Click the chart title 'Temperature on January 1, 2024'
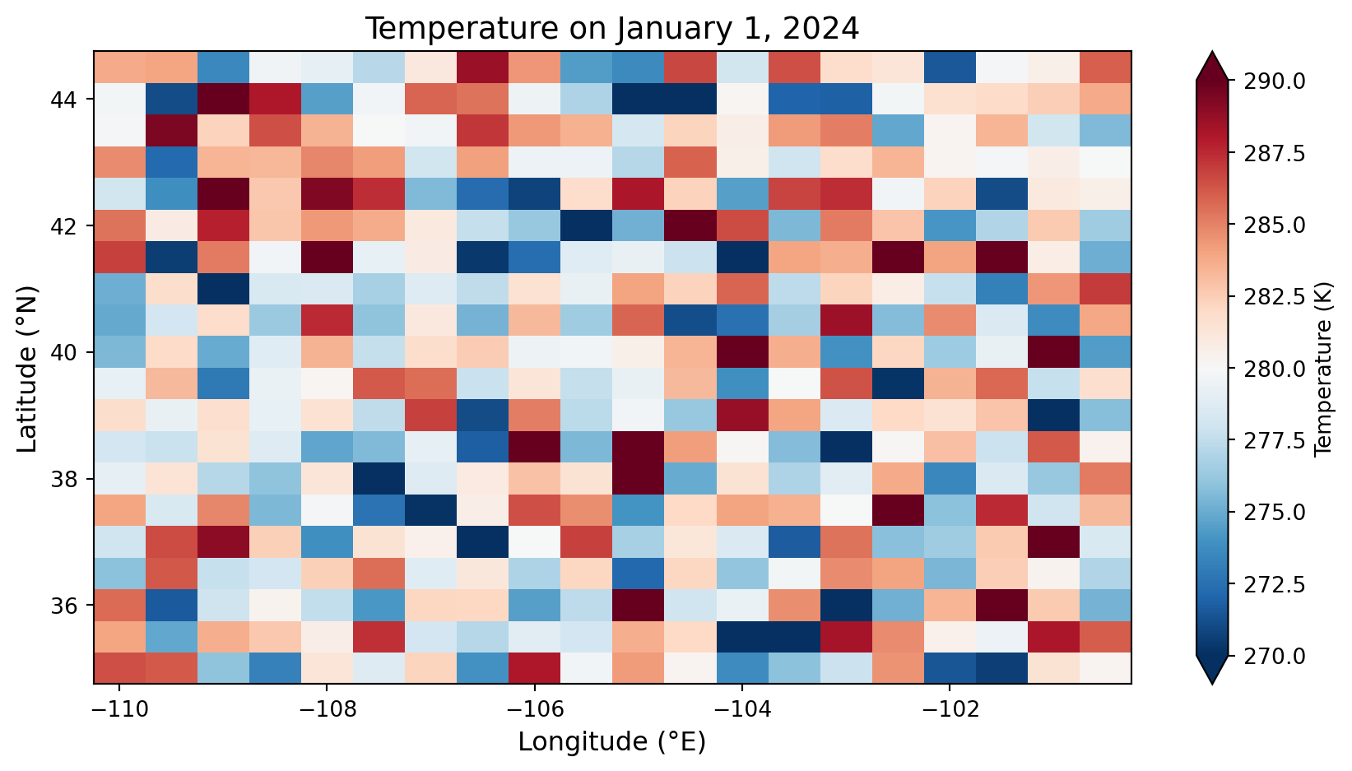pos(611,29)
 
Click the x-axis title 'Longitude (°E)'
pos(611,742)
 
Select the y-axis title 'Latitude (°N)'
pos(28,367)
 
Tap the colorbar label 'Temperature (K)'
pos(1323,367)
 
